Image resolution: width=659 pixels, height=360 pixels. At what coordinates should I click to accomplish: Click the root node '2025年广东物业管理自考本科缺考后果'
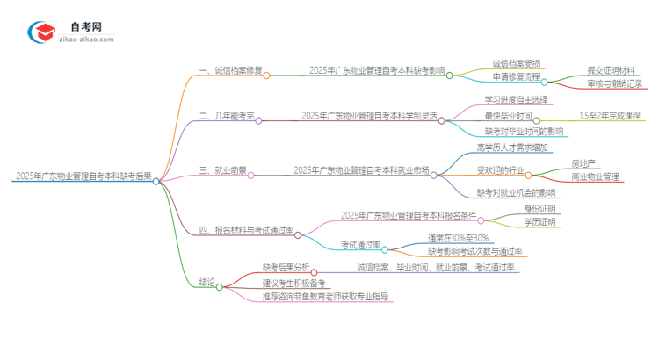click(x=83, y=176)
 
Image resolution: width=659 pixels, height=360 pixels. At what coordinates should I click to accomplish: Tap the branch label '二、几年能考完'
click(x=227, y=115)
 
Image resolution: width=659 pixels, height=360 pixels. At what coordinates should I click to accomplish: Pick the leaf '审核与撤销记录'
click(x=615, y=84)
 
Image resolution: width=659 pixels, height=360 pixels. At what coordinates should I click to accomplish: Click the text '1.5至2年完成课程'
click(x=610, y=115)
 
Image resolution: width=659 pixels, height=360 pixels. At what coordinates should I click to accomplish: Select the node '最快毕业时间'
click(x=507, y=115)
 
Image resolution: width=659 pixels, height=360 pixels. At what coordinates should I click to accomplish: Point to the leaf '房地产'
click(x=583, y=162)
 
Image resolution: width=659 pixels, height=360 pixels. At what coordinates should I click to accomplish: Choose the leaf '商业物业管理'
click(x=594, y=176)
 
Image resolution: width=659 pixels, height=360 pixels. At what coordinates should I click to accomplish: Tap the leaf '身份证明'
click(x=540, y=209)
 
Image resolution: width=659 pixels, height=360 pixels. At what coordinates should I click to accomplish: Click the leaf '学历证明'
click(x=540, y=223)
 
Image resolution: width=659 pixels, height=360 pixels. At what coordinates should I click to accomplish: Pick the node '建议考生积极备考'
click(x=293, y=283)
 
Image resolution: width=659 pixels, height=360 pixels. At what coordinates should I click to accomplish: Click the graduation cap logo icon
click(x=41, y=33)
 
